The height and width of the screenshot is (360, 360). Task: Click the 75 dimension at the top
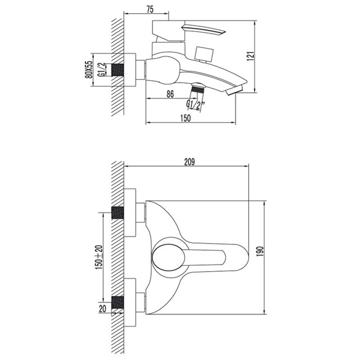(150, 9)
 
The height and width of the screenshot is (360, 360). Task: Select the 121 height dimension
(251, 56)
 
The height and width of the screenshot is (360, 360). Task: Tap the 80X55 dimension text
(89, 69)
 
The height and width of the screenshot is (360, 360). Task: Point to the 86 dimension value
(170, 94)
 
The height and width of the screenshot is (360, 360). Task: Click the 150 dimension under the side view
(185, 118)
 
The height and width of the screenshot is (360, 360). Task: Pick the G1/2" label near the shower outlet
(195, 105)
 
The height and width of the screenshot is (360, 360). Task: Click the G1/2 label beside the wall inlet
(101, 69)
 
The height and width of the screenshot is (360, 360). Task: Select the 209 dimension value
(189, 162)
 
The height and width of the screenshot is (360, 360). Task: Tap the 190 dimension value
(261, 252)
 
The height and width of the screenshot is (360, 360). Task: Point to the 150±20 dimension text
(99, 257)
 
